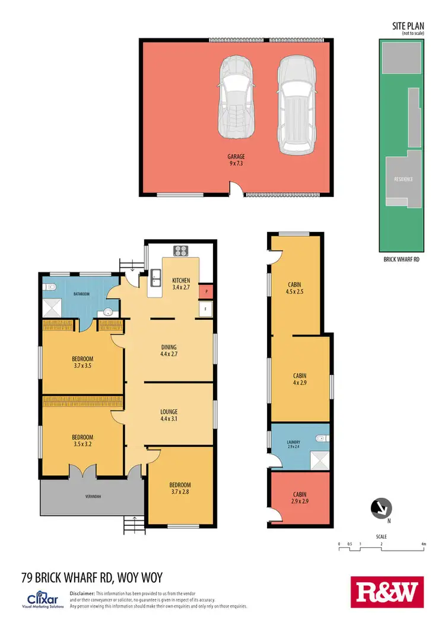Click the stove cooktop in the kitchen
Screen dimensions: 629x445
(x=180, y=250)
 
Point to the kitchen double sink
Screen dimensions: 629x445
(x=155, y=277)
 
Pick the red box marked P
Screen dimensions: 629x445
(x=205, y=291)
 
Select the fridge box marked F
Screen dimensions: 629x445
(x=205, y=309)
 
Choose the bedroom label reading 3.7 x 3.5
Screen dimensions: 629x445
(x=82, y=362)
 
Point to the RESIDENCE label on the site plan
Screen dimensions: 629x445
(x=403, y=179)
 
